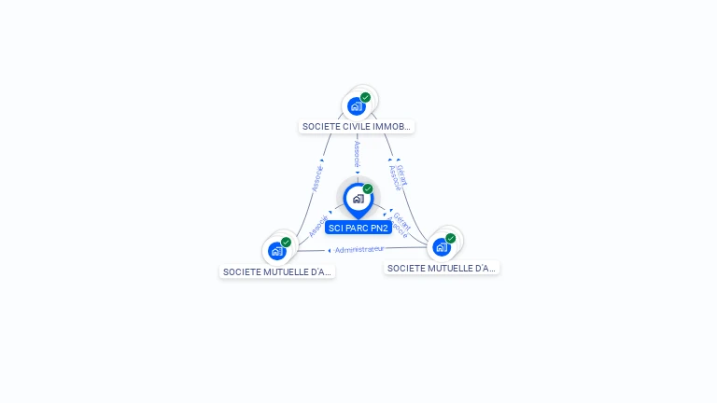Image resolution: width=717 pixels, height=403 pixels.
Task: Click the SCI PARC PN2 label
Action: click(x=358, y=229)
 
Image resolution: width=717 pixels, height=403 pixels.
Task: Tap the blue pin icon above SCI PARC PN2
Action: click(x=358, y=199)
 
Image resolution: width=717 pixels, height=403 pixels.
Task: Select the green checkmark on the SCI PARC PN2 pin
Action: click(x=368, y=189)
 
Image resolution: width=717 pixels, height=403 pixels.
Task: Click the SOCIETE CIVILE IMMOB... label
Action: click(x=357, y=127)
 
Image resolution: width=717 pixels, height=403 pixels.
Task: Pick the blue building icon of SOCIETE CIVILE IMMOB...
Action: click(x=356, y=106)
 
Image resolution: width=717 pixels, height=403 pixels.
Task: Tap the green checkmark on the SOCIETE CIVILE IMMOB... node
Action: click(x=365, y=97)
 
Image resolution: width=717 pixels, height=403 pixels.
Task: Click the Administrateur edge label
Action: click(x=359, y=250)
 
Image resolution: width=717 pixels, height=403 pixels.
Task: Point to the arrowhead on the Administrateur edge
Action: click(x=330, y=250)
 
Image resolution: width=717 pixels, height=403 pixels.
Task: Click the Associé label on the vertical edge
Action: click(x=357, y=155)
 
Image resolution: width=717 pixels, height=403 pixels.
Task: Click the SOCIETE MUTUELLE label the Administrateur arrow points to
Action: click(x=277, y=272)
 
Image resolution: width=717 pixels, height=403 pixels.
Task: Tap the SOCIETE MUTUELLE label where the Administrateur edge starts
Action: click(x=442, y=269)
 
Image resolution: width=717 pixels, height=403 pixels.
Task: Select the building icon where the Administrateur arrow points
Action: click(x=276, y=251)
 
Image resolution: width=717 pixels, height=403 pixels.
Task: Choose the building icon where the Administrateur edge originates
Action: click(x=441, y=247)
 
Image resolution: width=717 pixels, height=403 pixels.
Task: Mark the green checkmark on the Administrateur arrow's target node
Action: click(x=286, y=243)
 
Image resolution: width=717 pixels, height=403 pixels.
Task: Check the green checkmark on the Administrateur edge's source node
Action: click(x=450, y=239)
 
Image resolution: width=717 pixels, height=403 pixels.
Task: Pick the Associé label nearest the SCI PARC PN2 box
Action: click(x=318, y=227)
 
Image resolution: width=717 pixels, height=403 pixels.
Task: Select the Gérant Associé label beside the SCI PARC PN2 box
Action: click(x=400, y=224)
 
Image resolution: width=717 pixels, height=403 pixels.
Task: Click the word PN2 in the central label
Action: click(x=378, y=229)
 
